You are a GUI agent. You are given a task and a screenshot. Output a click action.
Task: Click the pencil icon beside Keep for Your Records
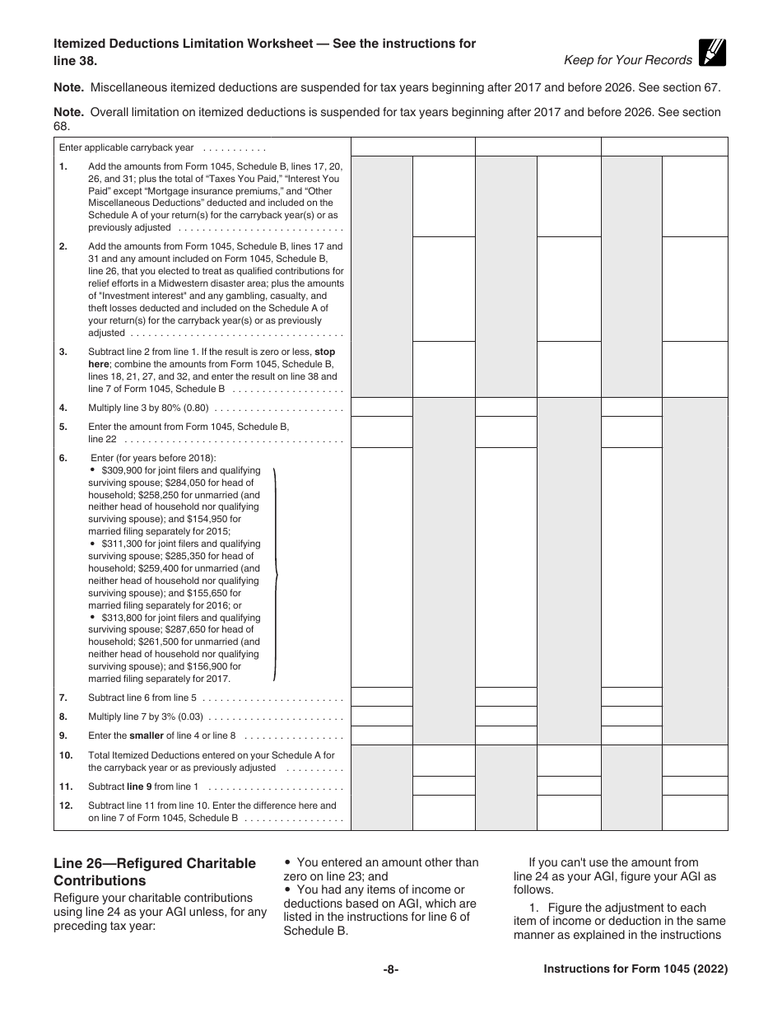(712, 53)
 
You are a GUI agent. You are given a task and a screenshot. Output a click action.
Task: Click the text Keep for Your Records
(628, 60)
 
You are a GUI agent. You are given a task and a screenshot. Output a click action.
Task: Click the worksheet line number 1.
(63, 166)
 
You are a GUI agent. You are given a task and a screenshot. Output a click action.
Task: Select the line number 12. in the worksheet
(66, 805)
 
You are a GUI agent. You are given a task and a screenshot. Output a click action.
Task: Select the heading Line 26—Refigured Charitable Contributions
(154, 871)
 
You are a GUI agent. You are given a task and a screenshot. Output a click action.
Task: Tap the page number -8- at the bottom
(391, 969)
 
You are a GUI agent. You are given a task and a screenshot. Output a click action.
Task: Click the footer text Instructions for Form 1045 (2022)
(635, 969)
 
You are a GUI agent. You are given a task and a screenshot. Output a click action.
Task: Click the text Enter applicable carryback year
(127, 147)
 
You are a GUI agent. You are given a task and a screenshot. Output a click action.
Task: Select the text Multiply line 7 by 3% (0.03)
(145, 717)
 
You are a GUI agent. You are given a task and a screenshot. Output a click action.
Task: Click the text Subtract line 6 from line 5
(142, 698)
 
